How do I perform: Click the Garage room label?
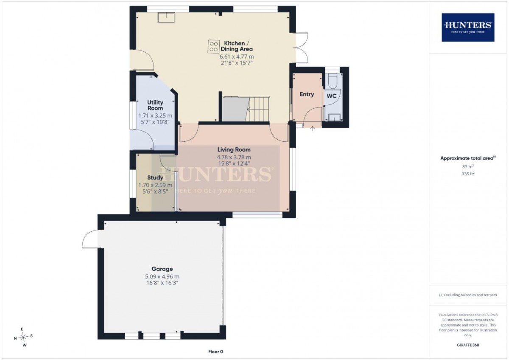point(162,269)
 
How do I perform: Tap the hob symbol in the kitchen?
point(214,46)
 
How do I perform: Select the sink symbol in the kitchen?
point(167,18)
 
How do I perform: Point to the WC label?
point(331,96)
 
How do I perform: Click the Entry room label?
point(307,94)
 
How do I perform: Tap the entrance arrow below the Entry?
point(313,129)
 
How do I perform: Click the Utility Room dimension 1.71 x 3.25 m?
point(155,115)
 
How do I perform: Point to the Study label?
point(155,177)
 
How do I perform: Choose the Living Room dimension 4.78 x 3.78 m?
point(234,157)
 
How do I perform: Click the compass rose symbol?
point(23,337)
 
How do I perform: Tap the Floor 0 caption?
point(215,352)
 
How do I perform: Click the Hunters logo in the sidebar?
point(468,27)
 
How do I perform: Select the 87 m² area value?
point(468,166)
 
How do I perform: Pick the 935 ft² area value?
point(468,174)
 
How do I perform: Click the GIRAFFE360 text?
point(468,345)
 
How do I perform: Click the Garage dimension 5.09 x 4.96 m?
point(162,276)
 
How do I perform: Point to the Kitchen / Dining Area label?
point(237,46)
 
